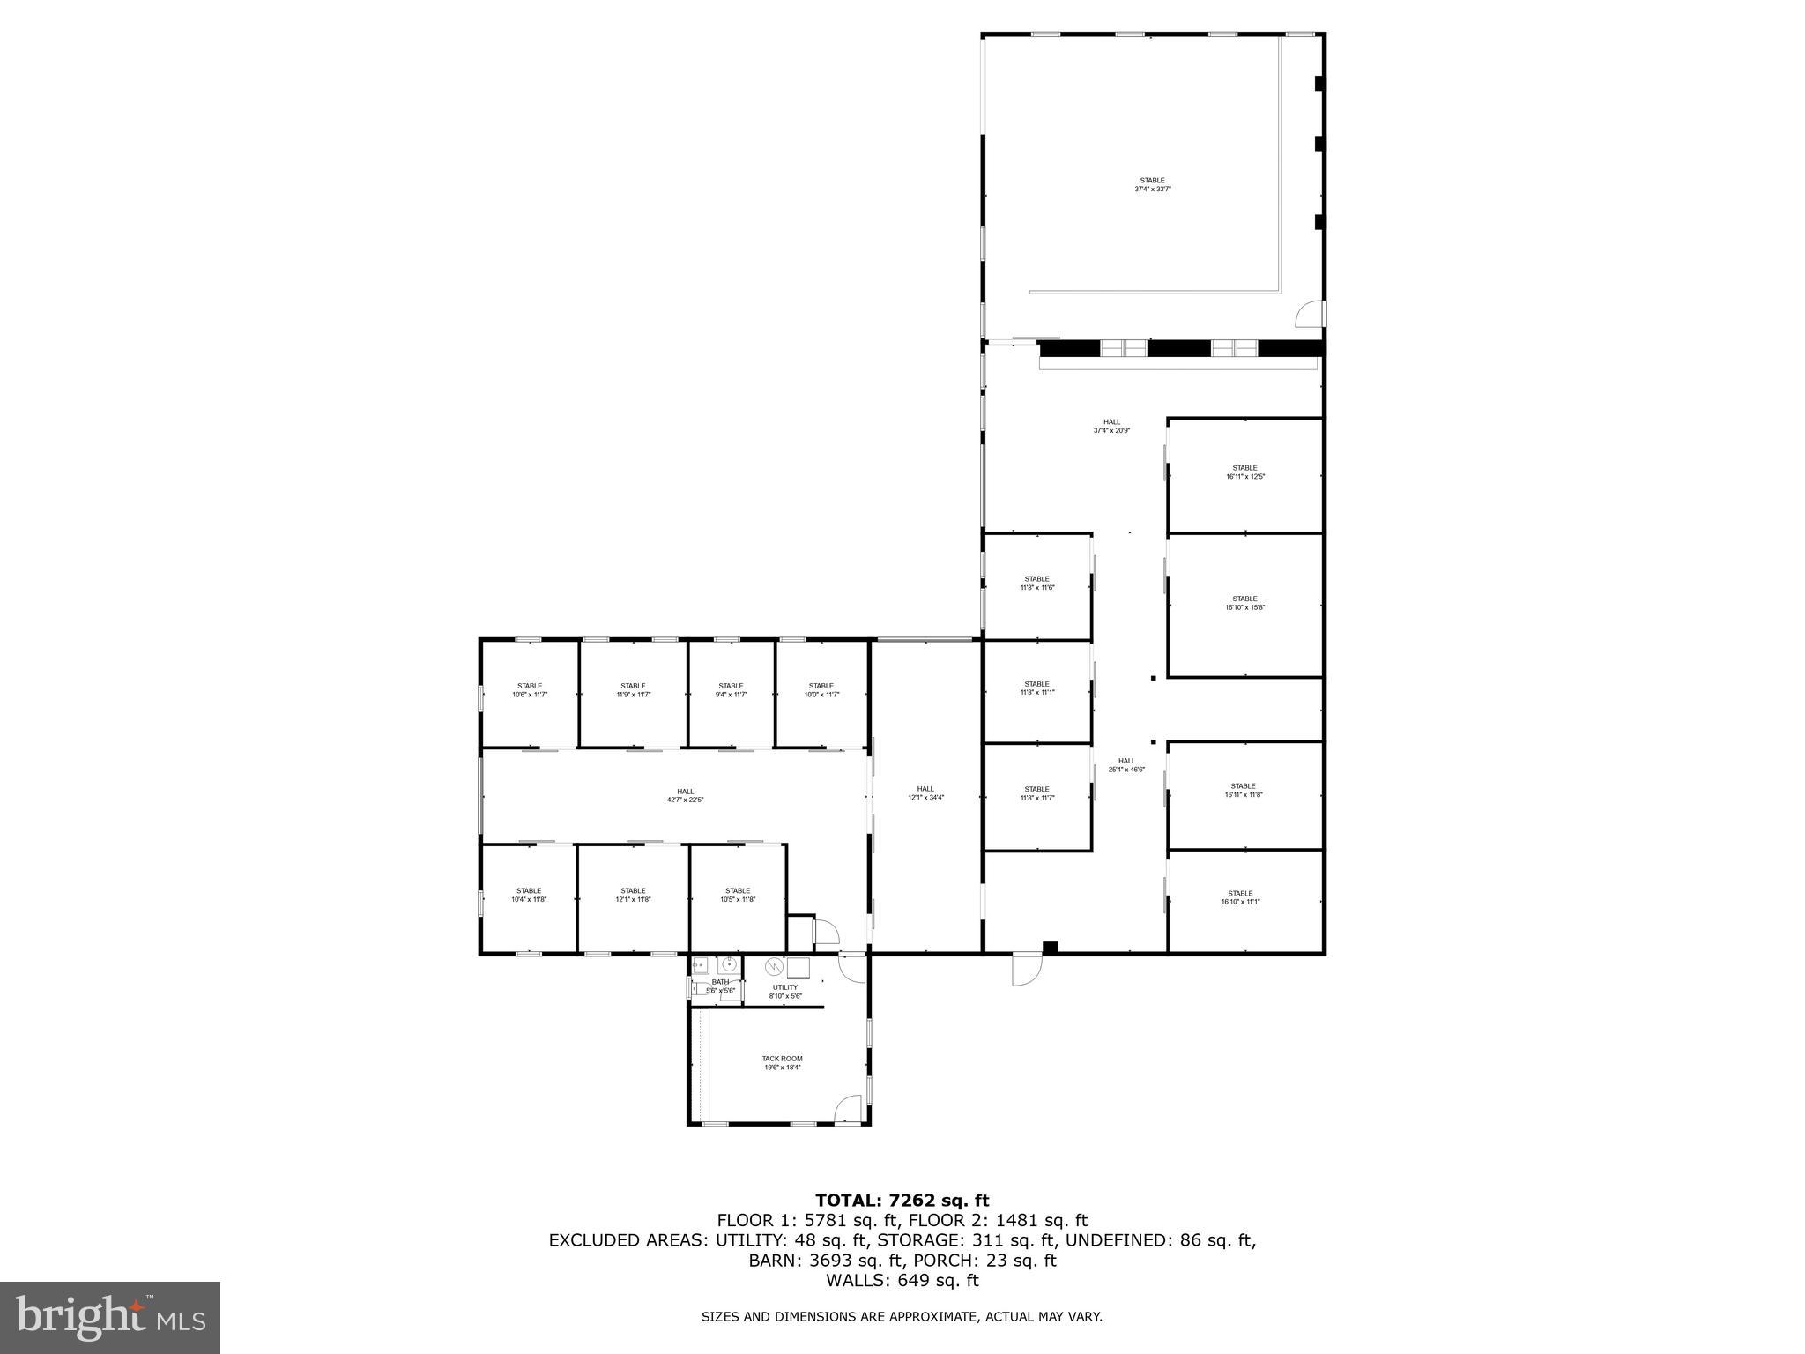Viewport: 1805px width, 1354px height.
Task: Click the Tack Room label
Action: (782, 1063)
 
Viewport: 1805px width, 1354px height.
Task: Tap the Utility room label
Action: (785, 992)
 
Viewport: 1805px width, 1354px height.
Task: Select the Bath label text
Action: (720, 986)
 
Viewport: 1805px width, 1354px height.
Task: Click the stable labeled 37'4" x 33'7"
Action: (1152, 185)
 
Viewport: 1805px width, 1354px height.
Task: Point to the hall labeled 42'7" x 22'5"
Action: (685, 795)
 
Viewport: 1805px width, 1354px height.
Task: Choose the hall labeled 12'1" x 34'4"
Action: (925, 793)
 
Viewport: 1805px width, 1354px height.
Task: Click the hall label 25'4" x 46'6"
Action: (1126, 765)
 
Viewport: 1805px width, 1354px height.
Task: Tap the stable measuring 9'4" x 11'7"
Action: (731, 690)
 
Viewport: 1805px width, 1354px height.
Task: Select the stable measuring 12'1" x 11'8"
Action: (633, 895)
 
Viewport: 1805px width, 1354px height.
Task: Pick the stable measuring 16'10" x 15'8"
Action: (1244, 603)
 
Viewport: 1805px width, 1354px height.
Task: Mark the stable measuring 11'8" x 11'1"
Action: (1036, 688)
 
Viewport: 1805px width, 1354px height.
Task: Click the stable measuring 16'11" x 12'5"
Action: (1244, 472)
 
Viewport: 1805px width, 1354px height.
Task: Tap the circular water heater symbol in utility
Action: (773, 966)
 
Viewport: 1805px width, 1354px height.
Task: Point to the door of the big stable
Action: (1310, 313)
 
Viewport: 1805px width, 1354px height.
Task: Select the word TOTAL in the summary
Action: (849, 1201)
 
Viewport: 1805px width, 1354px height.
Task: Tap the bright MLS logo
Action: (110, 1317)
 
